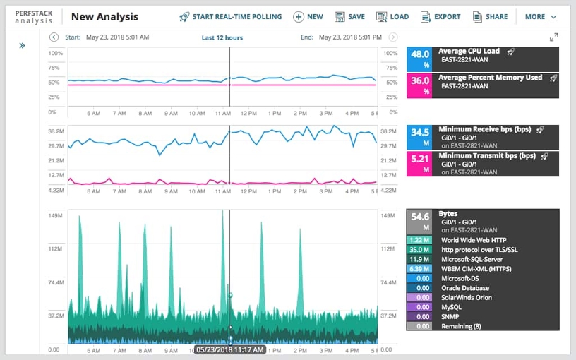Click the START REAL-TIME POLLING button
pos(230,16)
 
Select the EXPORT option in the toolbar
pos(440,16)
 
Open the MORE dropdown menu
pos(541,16)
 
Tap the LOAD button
pos(392,16)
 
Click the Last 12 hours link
pos(222,37)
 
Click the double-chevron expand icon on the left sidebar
pos(22,45)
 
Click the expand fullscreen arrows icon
pos(554,37)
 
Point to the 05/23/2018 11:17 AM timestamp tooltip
pos(230,349)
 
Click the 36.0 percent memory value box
pos(421,85)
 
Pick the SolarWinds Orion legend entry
pos(466,297)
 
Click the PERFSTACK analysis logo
pos(33,17)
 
